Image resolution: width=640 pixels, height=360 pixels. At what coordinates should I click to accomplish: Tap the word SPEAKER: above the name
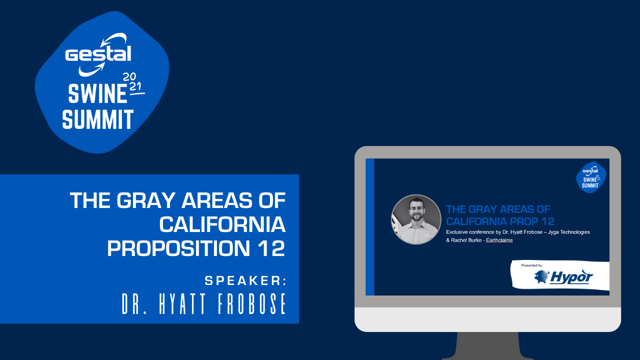point(245,281)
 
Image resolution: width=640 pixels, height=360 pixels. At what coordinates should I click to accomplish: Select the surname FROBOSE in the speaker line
point(251,303)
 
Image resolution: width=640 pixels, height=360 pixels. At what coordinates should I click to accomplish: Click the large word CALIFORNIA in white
point(222,224)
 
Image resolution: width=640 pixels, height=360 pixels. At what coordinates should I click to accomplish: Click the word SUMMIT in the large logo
point(98,119)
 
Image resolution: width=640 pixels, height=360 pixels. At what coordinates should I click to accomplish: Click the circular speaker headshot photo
point(416,219)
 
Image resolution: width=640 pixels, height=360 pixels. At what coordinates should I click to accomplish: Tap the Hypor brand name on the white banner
point(571,277)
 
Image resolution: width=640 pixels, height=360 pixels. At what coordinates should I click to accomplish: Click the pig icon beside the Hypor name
point(541,276)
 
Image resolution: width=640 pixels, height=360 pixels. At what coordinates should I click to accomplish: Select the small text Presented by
point(531,265)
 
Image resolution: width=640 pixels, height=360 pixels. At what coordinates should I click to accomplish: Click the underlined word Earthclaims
point(499,240)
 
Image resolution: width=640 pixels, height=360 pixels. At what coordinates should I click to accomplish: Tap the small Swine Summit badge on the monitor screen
point(591,177)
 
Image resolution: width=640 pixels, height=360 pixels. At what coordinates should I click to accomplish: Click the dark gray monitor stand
point(487,345)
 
